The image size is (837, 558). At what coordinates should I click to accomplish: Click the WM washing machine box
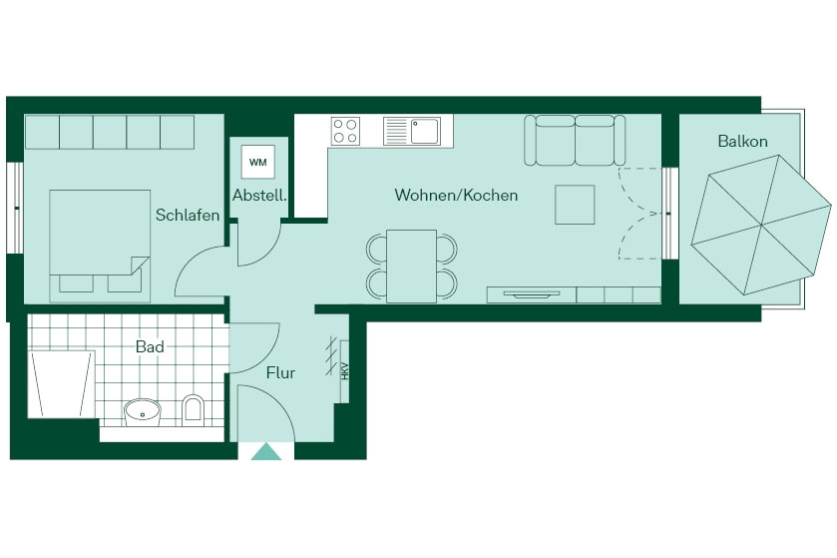pos(257,162)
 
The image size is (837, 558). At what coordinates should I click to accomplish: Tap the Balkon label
pos(742,142)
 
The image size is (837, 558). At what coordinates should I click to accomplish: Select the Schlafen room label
pos(188,215)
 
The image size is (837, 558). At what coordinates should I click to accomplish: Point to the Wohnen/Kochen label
pos(456,195)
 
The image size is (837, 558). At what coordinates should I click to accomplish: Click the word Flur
pos(280,372)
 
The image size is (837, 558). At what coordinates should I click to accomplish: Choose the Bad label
pos(150,346)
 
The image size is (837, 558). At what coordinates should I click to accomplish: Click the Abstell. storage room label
pos(259,196)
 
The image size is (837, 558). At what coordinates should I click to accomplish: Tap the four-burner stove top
pos(345,132)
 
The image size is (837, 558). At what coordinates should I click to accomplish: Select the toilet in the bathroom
pos(193,410)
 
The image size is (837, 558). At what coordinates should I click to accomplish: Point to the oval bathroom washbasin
pos(143,412)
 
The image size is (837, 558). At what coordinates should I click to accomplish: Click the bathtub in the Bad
pos(61,384)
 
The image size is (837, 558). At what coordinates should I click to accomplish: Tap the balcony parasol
pos(761,225)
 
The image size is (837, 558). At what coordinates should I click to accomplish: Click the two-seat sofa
pos(575,140)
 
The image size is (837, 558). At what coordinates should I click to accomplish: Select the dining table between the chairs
pos(412,266)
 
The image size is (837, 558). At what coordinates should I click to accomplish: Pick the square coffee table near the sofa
pos(575,205)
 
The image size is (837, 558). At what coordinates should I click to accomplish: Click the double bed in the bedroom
pos(100,246)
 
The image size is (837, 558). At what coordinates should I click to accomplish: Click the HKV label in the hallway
pos(345,371)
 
